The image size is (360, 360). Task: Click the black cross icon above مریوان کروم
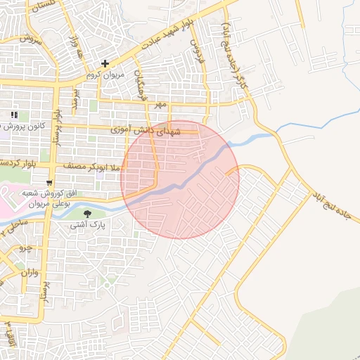tap(105, 64)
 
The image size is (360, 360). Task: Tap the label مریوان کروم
tap(105, 75)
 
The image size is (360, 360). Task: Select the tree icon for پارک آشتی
tap(87, 214)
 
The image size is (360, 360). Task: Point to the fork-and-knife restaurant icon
tap(13, 115)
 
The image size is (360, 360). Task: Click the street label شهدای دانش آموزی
tap(147, 131)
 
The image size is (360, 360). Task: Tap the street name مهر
tap(161, 104)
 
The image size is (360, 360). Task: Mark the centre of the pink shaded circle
tap(180, 179)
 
